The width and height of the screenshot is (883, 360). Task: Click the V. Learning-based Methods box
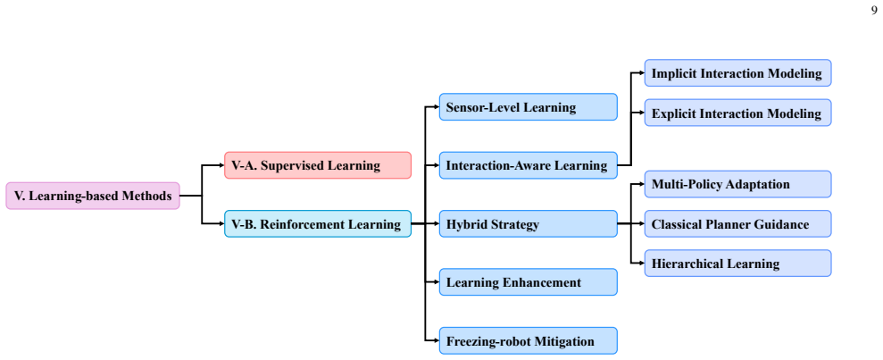pyautogui.click(x=93, y=196)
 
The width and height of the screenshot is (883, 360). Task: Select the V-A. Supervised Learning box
pyautogui.click(x=318, y=165)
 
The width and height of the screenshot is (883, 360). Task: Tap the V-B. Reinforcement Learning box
pyautogui.click(x=318, y=224)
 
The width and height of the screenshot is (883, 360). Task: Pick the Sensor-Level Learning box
pyautogui.click(x=529, y=107)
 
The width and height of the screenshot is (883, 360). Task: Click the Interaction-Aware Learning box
pyautogui.click(x=529, y=165)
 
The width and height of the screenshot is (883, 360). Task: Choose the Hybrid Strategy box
pyautogui.click(x=529, y=224)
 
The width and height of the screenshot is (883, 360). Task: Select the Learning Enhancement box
pyautogui.click(x=529, y=282)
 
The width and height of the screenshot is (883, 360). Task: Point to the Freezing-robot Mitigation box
pyautogui.click(x=529, y=341)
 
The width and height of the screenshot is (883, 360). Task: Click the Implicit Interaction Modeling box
pyautogui.click(x=737, y=73)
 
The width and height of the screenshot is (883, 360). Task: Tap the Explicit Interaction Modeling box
pyautogui.click(x=737, y=113)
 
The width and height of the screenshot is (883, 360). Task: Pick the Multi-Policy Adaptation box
pyautogui.click(x=737, y=184)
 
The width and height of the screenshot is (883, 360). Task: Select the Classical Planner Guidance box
pyautogui.click(x=737, y=224)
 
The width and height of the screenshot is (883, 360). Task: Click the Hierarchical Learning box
pyautogui.click(x=737, y=264)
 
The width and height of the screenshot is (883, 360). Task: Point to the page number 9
pyautogui.click(x=874, y=9)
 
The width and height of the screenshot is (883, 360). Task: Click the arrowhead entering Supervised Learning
pyautogui.click(x=221, y=165)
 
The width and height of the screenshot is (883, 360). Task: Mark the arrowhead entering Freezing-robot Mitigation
pyautogui.click(x=436, y=341)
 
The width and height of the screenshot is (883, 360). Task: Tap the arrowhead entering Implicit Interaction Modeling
pyautogui.click(x=641, y=73)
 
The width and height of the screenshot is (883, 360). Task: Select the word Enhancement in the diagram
pyautogui.click(x=545, y=282)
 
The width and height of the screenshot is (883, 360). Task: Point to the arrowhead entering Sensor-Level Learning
pyautogui.click(x=436, y=107)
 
